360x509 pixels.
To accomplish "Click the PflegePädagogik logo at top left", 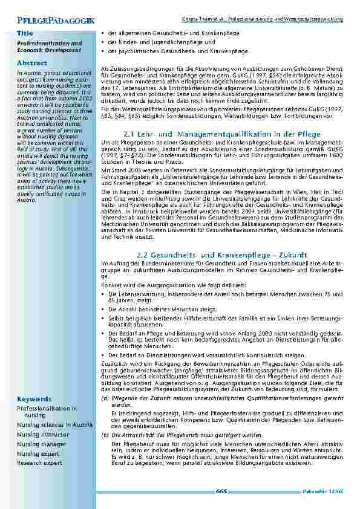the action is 48,21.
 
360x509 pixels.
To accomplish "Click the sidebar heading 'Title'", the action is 25,32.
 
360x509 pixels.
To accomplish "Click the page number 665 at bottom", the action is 221,491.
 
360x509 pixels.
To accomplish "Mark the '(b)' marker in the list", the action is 104,435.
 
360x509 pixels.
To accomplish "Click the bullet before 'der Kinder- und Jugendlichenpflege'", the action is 103,43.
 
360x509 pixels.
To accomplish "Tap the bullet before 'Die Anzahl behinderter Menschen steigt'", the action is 103,291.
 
